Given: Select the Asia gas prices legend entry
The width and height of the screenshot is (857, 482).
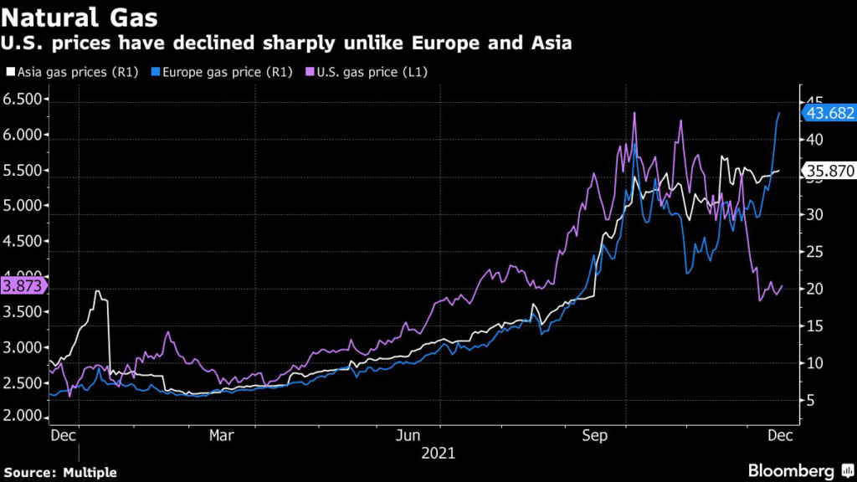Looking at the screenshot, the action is click(x=73, y=72).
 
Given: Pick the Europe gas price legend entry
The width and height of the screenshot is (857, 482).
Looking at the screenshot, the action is click(x=222, y=72).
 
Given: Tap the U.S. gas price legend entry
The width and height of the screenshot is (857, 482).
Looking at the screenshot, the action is click(x=367, y=72).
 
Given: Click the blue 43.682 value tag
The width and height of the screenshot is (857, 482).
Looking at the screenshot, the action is click(x=829, y=113).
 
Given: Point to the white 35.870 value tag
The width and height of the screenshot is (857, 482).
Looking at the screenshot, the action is click(x=829, y=171).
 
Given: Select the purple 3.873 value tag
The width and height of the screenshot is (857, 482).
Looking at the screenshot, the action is click(x=23, y=286).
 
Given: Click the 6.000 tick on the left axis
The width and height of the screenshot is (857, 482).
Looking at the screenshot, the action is click(x=23, y=135).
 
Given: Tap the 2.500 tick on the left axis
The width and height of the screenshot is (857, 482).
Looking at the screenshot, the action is click(x=23, y=383).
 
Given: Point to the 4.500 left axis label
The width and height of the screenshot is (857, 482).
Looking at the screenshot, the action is click(x=23, y=241).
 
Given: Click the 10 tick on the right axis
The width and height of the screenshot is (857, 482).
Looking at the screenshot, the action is click(x=814, y=363).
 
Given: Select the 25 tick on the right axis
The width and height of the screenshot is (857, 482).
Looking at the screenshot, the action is click(x=814, y=252).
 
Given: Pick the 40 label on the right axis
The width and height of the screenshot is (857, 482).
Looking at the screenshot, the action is click(x=814, y=140).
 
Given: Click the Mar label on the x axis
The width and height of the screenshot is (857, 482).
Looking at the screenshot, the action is click(x=221, y=435).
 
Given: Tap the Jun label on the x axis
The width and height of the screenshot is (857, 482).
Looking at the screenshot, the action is click(x=408, y=435).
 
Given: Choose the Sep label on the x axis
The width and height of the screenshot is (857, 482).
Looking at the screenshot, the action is click(x=595, y=435).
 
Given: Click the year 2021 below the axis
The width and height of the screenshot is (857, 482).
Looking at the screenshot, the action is click(x=439, y=454).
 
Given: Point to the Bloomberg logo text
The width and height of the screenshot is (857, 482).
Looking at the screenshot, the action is click(x=791, y=471).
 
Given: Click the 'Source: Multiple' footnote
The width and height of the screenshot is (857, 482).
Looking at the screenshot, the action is click(x=60, y=473).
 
